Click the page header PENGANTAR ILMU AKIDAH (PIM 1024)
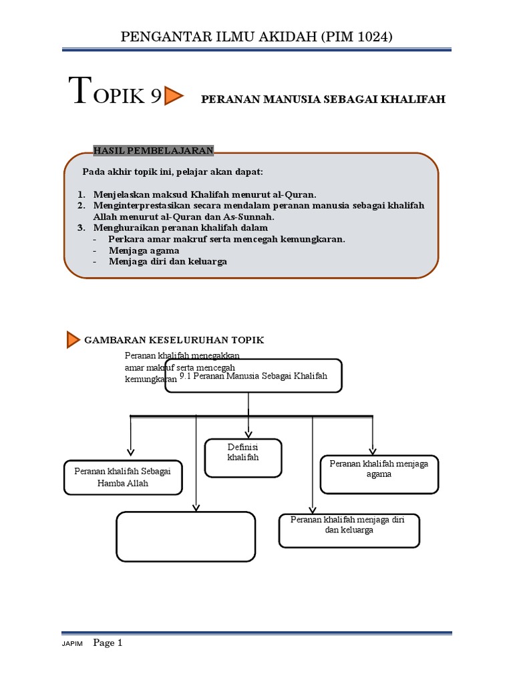(256, 37)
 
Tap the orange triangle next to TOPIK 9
(174, 96)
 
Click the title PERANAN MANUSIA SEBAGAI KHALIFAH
(323, 100)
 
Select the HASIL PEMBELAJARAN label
(153, 150)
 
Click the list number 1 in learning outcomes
(80, 194)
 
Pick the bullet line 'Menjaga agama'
(144, 250)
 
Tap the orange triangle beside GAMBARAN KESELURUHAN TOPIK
(73, 340)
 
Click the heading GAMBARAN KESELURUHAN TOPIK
(174, 340)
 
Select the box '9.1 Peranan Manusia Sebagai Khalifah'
(254, 376)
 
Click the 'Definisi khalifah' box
(242, 458)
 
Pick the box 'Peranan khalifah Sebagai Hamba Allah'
(123, 477)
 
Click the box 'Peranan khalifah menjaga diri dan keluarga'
(349, 530)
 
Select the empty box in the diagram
(186, 536)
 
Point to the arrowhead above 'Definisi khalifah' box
(248, 432)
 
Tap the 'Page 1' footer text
(108, 643)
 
